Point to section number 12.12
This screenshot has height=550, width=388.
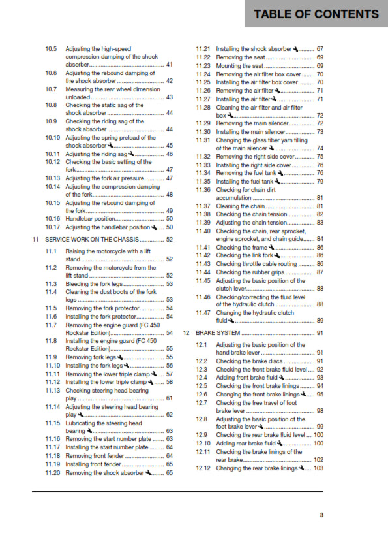pos(203,468)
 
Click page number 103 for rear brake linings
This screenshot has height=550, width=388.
pos(318,468)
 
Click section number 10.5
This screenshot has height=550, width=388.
pos(52,49)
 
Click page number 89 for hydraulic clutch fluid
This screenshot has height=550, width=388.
pos(320,321)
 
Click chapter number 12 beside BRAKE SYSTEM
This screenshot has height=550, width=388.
pos(186,333)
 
